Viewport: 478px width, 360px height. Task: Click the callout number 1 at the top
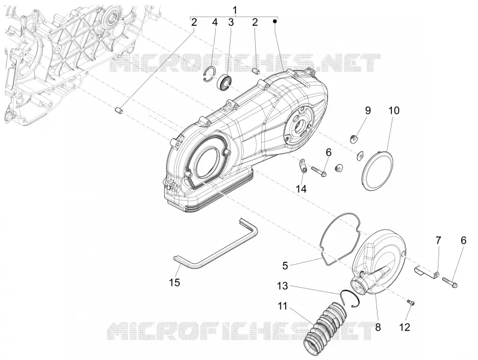coord(234,10)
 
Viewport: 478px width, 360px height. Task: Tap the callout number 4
coord(215,22)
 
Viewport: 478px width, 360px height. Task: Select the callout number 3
coord(231,22)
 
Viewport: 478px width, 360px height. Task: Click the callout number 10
coord(394,111)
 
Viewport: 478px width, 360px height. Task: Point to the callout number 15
coord(174,282)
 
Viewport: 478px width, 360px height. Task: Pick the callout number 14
coord(301,189)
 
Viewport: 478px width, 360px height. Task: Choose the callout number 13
coord(283,286)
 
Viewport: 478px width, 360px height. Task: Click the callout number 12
coord(405,327)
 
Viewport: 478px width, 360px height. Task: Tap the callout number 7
coord(438,241)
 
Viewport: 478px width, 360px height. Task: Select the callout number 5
coord(285,266)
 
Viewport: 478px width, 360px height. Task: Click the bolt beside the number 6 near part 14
coord(319,171)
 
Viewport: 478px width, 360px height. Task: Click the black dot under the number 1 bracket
coord(275,21)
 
